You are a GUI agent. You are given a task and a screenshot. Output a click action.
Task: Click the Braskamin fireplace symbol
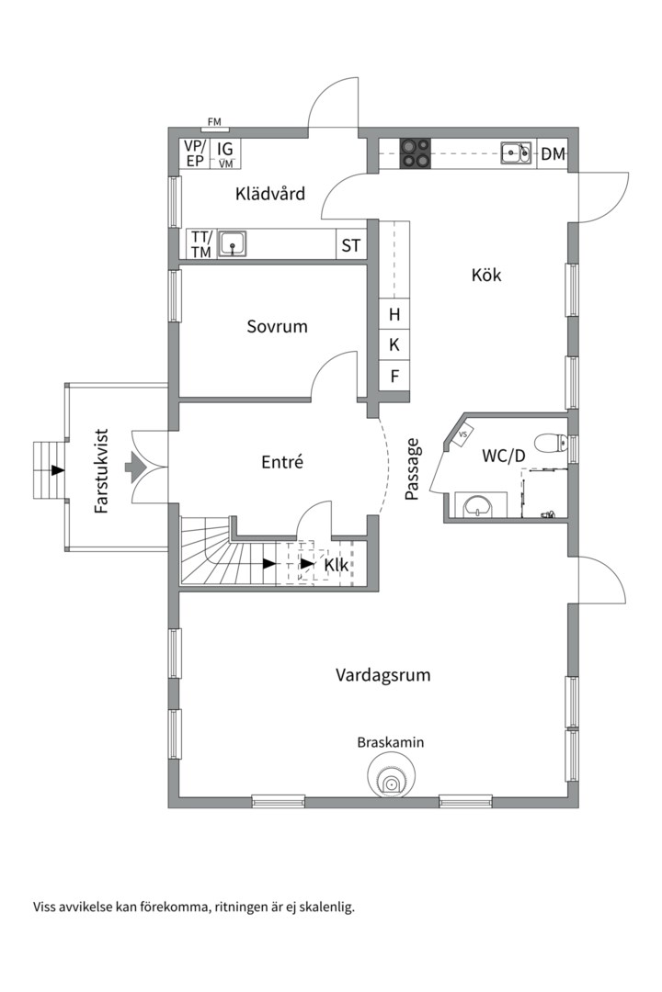click(392, 782)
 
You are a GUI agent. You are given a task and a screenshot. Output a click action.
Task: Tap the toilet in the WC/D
click(550, 443)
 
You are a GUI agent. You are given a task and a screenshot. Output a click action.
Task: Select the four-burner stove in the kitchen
click(416, 152)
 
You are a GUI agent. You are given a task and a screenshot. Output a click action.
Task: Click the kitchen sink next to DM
click(516, 152)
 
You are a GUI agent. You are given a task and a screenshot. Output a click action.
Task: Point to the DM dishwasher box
click(552, 154)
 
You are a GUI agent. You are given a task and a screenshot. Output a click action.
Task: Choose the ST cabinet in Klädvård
click(350, 245)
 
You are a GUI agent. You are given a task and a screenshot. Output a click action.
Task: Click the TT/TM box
click(200, 245)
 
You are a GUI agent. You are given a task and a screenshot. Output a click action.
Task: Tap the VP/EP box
click(194, 153)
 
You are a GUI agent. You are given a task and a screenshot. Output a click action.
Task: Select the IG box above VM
click(225, 148)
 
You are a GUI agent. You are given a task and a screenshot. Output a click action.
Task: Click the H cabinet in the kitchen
click(394, 314)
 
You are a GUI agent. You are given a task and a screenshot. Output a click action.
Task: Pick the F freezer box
click(394, 375)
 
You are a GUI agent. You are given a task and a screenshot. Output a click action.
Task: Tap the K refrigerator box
click(394, 344)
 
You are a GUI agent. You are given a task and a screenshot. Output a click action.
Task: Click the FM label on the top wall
click(214, 121)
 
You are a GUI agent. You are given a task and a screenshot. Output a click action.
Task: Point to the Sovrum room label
click(277, 326)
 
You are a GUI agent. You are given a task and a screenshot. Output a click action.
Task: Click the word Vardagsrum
click(382, 675)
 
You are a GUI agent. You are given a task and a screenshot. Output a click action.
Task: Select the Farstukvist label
click(101, 469)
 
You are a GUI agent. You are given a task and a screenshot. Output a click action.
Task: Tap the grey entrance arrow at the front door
click(135, 469)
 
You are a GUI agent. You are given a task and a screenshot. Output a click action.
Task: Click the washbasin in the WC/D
click(478, 504)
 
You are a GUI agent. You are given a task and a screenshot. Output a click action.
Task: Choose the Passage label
click(413, 469)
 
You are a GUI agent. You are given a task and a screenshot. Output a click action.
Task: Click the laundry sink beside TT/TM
click(235, 244)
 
